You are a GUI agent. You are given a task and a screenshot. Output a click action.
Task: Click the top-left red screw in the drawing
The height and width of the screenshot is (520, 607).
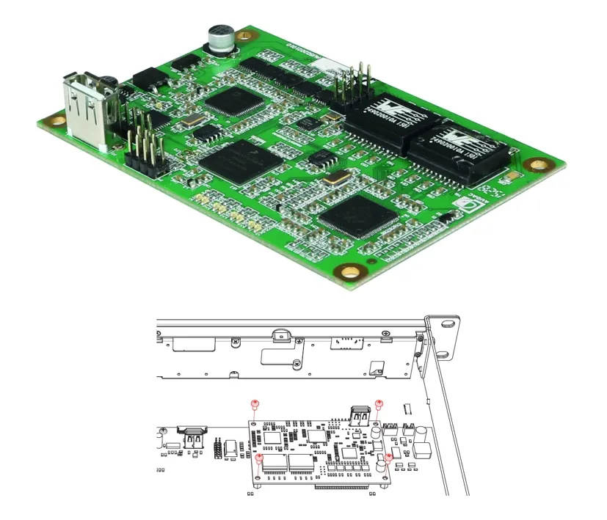coord(255,404)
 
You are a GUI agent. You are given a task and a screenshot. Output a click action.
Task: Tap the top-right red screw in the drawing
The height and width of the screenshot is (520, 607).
coord(379,404)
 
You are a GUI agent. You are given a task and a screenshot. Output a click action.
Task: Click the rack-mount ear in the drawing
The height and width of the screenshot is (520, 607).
coord(444,338)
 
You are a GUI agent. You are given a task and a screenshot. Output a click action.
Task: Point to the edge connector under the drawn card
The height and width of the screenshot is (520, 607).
coord(342,486)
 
